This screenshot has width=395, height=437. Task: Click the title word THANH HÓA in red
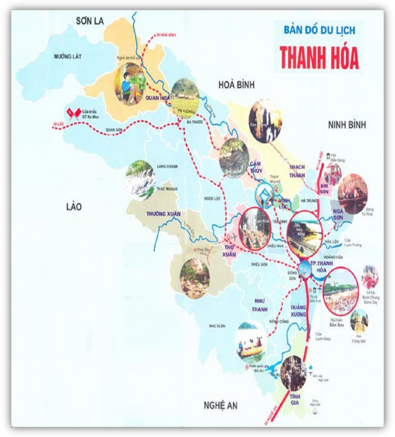click(x=318, y=57)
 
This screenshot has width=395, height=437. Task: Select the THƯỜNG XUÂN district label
click(x=165, y=213)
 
